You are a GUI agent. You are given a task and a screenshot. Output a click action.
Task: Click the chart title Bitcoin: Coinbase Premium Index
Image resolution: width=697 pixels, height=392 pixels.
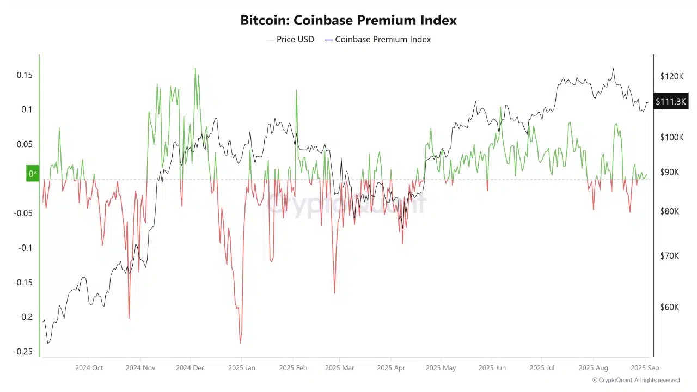coord(348,20)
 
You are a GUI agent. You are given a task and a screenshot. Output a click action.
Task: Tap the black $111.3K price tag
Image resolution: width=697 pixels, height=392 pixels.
coord(671,101)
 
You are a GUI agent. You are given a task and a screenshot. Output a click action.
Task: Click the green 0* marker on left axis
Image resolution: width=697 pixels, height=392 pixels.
coord(33,174)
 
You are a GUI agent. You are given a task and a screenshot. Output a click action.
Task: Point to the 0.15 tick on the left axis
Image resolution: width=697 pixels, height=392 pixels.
coord(24,75)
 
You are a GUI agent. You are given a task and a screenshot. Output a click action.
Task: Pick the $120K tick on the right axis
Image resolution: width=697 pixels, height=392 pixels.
coord(671,76)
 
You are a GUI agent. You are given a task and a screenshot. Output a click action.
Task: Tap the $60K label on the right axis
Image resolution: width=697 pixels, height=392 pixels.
coord(669,307)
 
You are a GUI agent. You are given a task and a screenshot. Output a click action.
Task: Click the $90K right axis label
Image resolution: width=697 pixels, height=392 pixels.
coord(669,172)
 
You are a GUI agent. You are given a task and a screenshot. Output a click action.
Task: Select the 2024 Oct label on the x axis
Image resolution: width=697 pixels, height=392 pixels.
coord(89,368)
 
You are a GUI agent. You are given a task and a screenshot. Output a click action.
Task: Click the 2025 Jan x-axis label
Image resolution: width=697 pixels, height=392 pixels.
coord(242,368)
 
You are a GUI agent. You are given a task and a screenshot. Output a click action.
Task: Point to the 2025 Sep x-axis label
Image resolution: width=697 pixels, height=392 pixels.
coord(645,368)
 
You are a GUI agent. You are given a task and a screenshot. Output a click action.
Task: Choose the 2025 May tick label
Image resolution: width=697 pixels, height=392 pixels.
coord(441,368)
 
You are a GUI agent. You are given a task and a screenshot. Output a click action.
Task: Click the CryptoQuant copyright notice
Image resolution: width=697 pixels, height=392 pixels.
coord(635,380)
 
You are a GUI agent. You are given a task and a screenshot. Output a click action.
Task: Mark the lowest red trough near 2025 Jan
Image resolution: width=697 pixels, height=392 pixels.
coord(240,343)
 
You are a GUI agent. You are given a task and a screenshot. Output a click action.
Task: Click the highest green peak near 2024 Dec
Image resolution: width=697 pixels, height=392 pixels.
coord(195,69)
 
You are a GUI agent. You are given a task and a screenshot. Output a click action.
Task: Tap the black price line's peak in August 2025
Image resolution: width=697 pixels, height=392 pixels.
coord(613,69)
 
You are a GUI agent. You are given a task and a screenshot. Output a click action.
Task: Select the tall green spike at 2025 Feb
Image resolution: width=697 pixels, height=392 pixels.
coord(297,90)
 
